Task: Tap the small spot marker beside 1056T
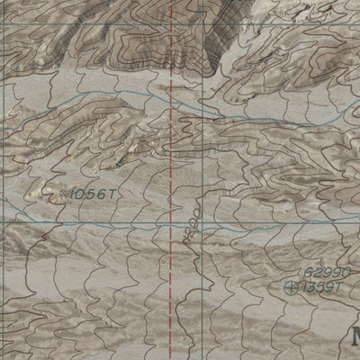click(x=63, y=193)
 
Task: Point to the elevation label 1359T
click(x=322, y=288)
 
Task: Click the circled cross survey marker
click(x=291, y=288)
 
